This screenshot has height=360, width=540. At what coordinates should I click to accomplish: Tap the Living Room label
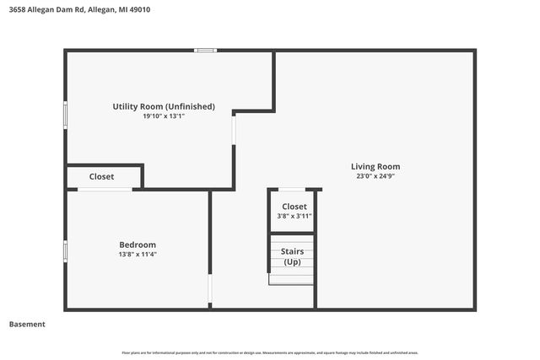(x=375, y=166)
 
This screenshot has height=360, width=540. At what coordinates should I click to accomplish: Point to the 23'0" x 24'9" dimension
(x=375, y=177)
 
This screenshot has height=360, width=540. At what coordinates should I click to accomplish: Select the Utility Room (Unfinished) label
(x=164, y=106)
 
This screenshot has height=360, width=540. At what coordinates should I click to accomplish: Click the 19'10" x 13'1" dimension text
(x=164, y=116)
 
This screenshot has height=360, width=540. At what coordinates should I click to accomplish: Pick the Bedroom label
(x=138, y=244)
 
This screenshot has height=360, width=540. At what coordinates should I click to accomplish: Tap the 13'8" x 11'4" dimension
(x=138, y=255)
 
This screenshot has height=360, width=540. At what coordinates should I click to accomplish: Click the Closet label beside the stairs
(x=294, y=207)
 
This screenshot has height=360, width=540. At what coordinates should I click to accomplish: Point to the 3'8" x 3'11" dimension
(x=294, y=217)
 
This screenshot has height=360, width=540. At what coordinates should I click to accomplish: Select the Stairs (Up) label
(x=293, y=257)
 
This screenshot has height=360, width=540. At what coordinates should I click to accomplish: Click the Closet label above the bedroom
(x=102, y=176)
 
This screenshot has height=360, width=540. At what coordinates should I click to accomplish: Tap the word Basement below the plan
(x=27, y=325)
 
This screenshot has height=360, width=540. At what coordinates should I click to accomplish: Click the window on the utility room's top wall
(x=205, y=51)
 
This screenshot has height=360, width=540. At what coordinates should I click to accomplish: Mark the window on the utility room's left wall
(x=65, y=115)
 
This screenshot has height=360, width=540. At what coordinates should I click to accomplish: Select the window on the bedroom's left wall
(x=65, y=250)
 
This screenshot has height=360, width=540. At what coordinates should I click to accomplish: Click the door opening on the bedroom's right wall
(x=210, y=291)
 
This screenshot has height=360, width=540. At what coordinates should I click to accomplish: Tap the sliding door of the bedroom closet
(x=105, y=189)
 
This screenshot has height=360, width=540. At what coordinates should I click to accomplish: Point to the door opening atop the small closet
(x=292, y=189)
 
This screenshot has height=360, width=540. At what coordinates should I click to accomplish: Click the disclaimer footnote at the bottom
(x=270, y=352)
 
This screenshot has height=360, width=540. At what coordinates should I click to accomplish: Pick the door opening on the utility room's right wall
(x=234, y=128)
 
